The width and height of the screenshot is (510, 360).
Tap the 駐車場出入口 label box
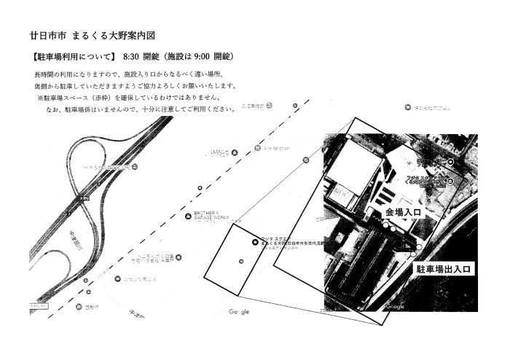[442, 269]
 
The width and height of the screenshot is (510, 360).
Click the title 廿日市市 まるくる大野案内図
[92, 35]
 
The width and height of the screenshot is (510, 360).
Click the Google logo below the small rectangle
[239, 311]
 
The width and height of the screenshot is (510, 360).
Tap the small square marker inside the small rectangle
[240, 260]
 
